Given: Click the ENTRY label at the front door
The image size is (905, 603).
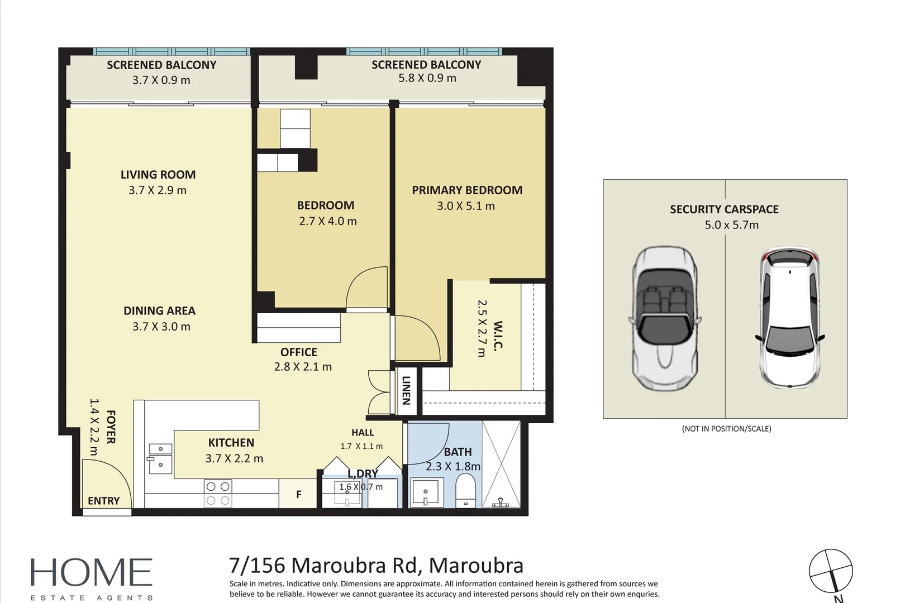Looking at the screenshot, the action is click(x=103, y=501).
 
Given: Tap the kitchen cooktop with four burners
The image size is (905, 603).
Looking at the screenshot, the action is click(x=218, y=493).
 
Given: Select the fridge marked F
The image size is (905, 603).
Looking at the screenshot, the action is click(x=298, y=494).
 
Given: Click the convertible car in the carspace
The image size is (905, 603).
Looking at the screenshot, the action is click(x=665, y=318).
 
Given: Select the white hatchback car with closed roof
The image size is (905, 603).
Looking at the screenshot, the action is click(x=789, y=318).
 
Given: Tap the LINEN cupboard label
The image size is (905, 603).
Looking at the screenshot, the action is click(x=407, y=390).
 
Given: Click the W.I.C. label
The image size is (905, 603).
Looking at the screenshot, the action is click(x=498, y=336).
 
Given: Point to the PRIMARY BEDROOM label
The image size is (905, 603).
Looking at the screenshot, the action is click(x=467, y=190).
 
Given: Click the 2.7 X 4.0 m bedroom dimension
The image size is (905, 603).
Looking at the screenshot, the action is click(x=328, y=221).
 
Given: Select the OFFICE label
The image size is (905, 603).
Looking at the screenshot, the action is click(x=298, y=352).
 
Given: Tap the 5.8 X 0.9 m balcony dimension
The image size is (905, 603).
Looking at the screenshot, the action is click(x=427, y=78).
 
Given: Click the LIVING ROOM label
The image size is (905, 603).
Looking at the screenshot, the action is click(x=158, y=174).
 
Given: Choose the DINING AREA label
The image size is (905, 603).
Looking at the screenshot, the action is click(x=160, y=310).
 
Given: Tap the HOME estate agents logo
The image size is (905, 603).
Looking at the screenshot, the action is click(x=92, y=578).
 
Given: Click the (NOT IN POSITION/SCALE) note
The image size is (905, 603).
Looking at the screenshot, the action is click(x=726, y=429).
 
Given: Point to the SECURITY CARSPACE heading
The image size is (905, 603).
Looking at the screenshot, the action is click(x=725, y=209).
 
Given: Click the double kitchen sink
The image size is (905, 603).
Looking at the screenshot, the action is click(x=160, y=458).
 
